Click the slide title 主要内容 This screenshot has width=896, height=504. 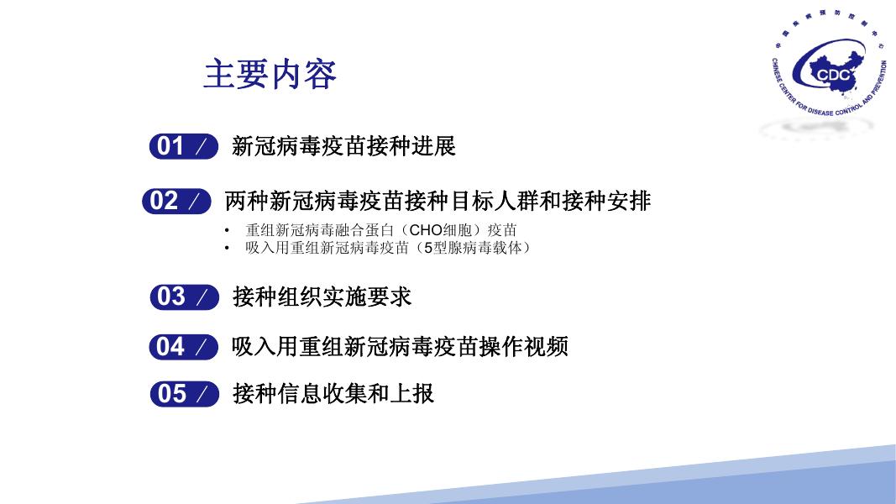click(270, 74)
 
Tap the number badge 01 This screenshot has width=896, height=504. click(183, 146)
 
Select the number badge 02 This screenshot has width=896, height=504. click(176, 201)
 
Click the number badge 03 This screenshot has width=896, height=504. click(184, 297)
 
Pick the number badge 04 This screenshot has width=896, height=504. click(183, 347)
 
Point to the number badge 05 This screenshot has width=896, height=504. click(184, 394)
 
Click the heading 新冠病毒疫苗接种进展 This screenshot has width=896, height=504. click(343, 146)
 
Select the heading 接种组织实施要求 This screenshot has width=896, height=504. click(322, 297)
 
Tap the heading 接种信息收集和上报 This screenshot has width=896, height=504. click(333, 394)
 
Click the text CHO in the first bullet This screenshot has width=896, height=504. click(426, 230)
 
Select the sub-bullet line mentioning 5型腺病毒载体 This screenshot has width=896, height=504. click(388, 248)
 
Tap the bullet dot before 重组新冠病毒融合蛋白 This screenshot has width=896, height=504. click(227, 231)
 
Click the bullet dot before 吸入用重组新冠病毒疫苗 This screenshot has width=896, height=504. click(227, 249)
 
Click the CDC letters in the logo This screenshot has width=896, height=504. click(833, 76)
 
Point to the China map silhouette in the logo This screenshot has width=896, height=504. click(836, 72)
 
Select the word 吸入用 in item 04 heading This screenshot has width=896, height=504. click(265, 347)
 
